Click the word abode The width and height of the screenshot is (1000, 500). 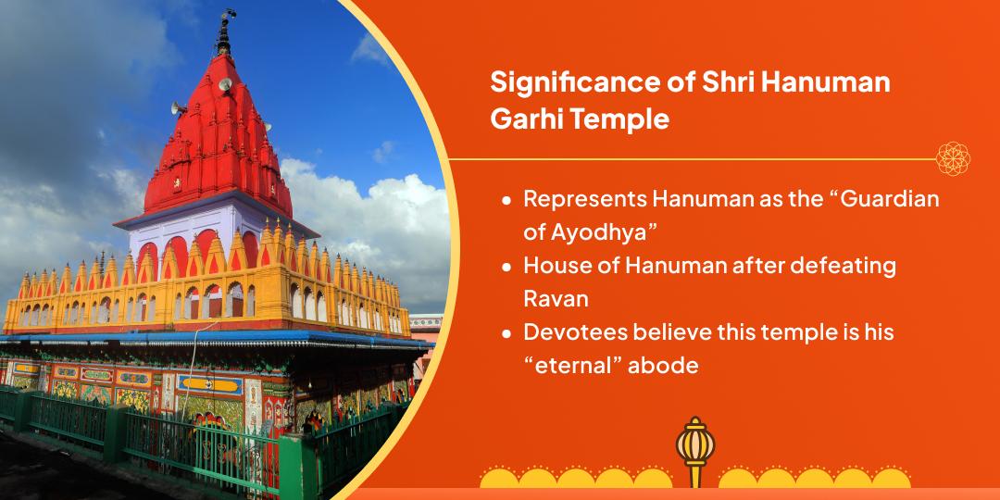pyautogui.click(x=663, y=366)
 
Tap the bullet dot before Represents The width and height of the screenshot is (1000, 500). pyautogui.click(x=506, y=201)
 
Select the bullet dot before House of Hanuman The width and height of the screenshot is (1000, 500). pyautogui.click(x=506, y=267)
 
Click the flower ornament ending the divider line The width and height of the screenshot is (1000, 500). pyautogui.click(x=953, y=158)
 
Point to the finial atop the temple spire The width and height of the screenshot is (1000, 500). pyautogui.click(x=223, y=32)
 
